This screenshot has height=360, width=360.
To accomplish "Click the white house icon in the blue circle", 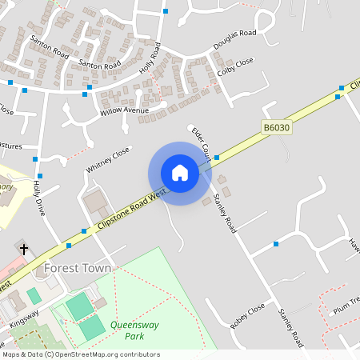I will (x=180, y=173).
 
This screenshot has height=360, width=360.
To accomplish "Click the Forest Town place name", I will (x=78, y=268).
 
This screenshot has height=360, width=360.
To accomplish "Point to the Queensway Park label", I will (x=126, y=330).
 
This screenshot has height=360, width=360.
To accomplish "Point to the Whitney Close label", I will (x=107, y=159).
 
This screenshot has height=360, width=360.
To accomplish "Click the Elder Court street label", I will (x=200, y=142).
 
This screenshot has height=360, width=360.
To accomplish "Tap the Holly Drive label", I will (x=38, y=198).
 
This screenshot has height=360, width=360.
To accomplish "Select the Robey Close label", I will (x=246, y=316).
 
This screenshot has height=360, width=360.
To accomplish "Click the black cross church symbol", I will (x=23, y=250).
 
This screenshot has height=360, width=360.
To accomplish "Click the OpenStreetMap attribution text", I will (x=81, y=354).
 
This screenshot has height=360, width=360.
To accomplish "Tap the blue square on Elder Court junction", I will (x=217, y=158).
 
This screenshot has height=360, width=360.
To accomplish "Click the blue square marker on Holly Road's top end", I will (x=166, y=11).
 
